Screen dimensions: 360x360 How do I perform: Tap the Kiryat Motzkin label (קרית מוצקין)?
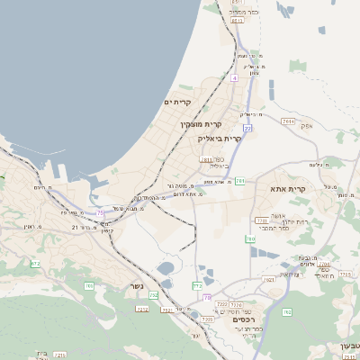201,123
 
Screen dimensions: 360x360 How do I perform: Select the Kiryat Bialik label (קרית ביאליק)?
220,139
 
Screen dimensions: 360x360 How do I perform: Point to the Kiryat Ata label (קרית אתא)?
288,189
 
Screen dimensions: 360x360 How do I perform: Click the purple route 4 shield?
234,79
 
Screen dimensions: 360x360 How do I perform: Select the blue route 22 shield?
247,129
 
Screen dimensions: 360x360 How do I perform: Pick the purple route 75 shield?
102,213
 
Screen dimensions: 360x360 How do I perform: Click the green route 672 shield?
35,264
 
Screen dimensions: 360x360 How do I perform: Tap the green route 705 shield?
89,285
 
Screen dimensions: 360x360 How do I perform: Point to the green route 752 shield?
154,294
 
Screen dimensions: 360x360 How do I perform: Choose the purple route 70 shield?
207,298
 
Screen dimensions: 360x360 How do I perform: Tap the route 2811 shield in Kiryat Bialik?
206,159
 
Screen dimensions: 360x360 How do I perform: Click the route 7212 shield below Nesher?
141,308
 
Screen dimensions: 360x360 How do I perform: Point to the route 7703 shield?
261,219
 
